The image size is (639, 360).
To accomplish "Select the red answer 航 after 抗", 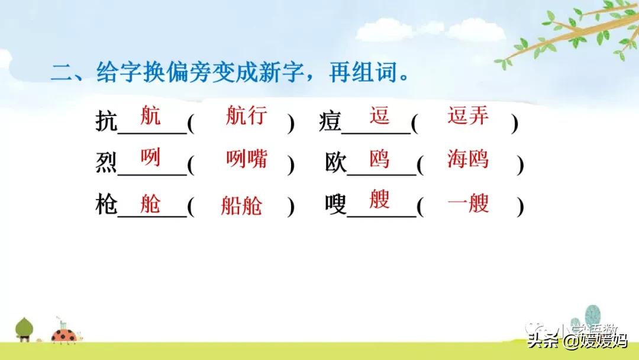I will tap(150, 115).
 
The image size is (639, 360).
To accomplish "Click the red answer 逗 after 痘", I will tap(379, 115).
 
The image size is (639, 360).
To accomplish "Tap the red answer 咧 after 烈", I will tap(150, 157).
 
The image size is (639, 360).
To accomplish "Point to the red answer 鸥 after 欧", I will tap(379, 159).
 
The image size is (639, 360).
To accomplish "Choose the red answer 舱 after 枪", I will tap(150, 204).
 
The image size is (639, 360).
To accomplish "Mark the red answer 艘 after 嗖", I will tap(379, 199).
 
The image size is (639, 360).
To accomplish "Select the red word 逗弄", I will tap(468, 115).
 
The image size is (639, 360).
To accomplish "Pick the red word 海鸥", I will tap(468, 159).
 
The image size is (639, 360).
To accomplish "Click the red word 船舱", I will tap(241, 205).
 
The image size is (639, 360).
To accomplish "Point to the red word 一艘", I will tap(468, 204).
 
